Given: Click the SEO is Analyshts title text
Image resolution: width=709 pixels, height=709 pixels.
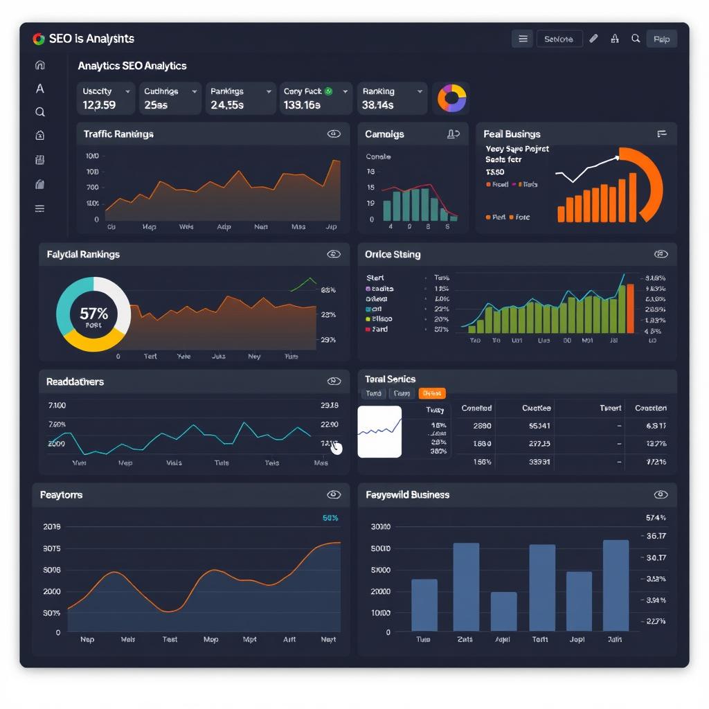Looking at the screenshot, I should [x=91, y=39].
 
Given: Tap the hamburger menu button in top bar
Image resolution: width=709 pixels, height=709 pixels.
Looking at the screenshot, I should [x=523, y=39].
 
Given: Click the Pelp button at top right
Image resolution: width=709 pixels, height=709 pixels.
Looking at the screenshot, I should [x=661, y=39].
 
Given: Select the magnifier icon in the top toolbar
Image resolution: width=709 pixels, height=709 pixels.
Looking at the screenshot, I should [x=636, y=39].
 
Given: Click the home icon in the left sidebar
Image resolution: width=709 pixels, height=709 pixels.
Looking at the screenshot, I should [x=40, y=65].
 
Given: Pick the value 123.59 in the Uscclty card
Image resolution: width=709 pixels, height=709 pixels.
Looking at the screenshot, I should [x=99, y=105].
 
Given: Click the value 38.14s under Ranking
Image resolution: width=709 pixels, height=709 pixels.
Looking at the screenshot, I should [x=377, y=105].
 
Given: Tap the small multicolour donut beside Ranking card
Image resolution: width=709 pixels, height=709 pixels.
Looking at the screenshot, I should [x=451, y=98].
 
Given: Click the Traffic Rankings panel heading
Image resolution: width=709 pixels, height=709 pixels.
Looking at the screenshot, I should [x=118, y=134].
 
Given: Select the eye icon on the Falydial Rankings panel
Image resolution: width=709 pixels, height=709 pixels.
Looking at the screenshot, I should [x=334, y=254].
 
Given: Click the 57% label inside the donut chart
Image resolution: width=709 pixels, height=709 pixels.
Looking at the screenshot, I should [x=93, y=314].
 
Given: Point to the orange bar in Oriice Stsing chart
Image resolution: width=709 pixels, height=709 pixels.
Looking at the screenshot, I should [x=630, y=308].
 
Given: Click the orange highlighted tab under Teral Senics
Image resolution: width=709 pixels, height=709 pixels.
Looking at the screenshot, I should [x=431, y=393].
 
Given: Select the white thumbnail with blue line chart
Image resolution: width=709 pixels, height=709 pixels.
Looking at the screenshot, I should [x=379, y=431].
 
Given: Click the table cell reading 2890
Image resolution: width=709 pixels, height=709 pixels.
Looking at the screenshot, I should [x=482, y=427].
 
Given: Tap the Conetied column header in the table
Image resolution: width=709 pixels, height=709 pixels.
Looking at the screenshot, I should [x=476, y=409].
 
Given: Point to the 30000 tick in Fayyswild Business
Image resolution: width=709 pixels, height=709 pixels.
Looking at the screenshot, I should [x=381, y=527].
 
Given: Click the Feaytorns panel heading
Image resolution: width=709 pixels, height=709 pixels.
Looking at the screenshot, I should [x=61, y=495].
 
